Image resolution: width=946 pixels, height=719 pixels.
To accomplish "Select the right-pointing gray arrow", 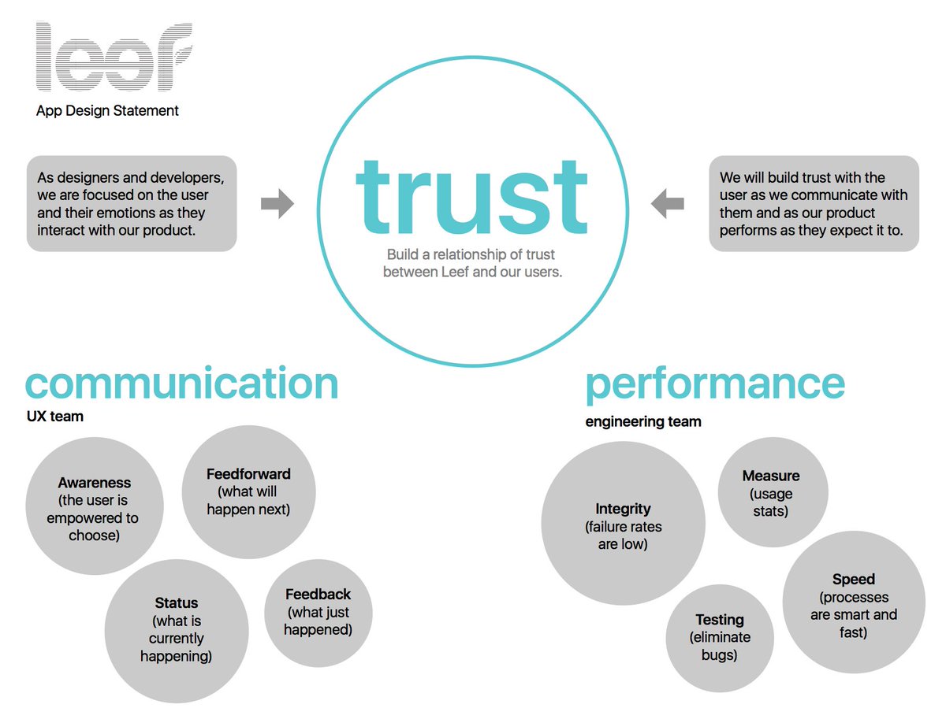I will pos(277,204).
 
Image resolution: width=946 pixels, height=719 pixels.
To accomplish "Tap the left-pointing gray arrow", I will pos(668,204).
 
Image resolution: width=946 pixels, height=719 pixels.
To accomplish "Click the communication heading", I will pos(182,384).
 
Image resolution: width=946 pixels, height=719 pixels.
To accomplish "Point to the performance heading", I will pos(715,384).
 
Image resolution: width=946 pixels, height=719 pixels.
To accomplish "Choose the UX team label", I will pos(54,417).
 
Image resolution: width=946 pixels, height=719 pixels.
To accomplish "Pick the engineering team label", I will pos(643,422).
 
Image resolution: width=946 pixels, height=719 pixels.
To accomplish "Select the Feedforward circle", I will pos(248,491).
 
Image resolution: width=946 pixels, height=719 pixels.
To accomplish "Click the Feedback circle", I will pos(318,612).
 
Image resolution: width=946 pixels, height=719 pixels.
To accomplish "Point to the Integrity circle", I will pos(623,524).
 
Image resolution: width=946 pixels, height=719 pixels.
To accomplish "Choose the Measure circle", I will pos(772,493).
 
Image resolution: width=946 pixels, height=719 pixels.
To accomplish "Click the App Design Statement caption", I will pos(107,111).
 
